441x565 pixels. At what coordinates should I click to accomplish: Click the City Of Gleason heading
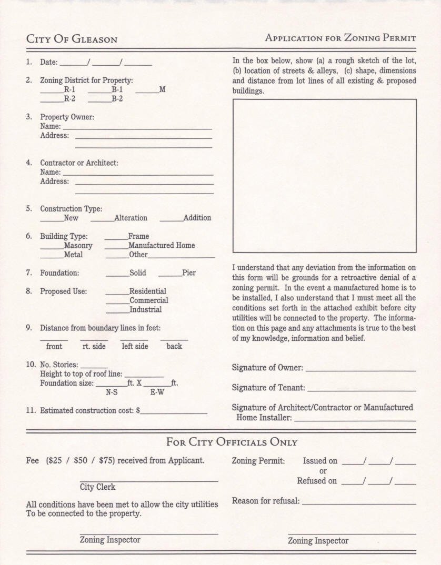point(72,39)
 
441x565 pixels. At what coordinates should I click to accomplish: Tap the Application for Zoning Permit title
point(340,38)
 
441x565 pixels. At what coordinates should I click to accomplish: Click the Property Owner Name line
point(137,128)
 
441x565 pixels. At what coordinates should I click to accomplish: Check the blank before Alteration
point(102,220)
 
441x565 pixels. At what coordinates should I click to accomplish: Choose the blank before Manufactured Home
point(116,247)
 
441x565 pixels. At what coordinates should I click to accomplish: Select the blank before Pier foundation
point(170,275)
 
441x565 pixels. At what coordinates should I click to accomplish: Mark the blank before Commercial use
point(117,302)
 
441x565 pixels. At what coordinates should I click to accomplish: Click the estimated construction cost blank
point(174,412)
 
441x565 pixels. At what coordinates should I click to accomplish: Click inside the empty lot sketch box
point(324,176)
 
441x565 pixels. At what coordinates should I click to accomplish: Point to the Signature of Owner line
point(360,370)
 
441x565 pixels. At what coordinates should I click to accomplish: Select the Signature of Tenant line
point(362,390)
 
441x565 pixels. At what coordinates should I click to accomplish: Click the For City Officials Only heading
point(232,442)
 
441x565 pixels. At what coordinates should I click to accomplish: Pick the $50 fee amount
point(81,460)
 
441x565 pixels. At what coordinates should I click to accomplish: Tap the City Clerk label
point(98,487)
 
